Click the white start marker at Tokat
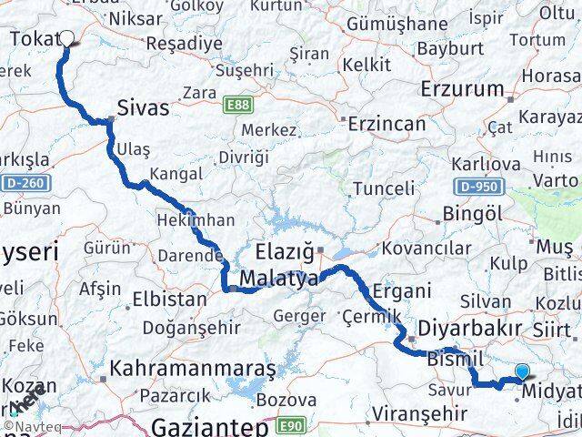(66, 38)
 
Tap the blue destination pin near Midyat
(522, 371)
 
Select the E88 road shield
(237, 106)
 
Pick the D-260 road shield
(28, 184)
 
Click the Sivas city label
(144, 108)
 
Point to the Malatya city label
(279, 279)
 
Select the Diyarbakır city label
(470, 328)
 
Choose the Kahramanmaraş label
(193, 370)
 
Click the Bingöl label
(469, 213)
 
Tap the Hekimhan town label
(196, 220)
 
